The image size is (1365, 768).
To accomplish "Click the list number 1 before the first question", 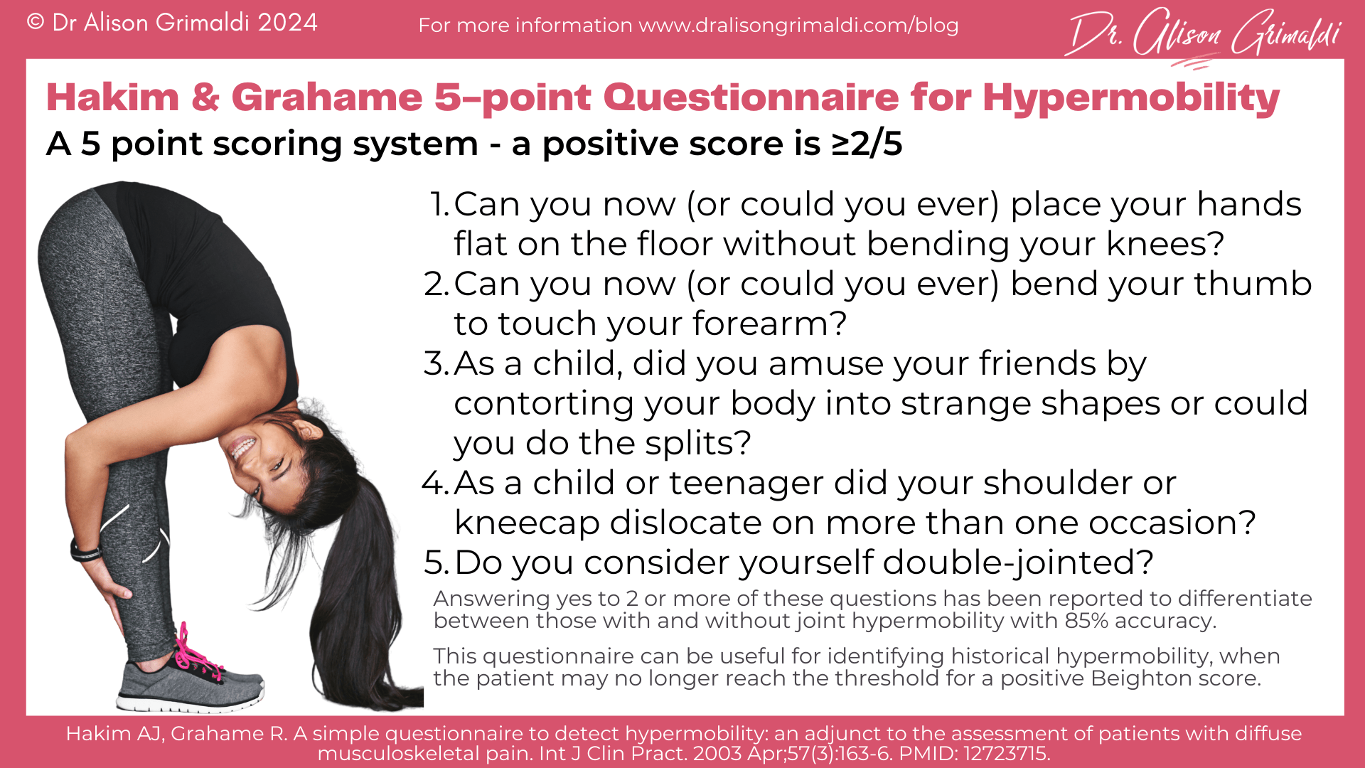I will pos(439,205).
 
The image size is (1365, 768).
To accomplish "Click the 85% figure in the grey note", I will pos(1086,621).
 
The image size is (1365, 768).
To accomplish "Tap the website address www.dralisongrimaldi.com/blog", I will pos(798,26).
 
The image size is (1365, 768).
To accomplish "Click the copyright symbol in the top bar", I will pos(36,23).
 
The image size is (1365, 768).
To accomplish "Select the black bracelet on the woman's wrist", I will pos(85,552).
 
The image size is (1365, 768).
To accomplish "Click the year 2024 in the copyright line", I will pos(287,23).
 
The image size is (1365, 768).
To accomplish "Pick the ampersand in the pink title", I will pos(205,98).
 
